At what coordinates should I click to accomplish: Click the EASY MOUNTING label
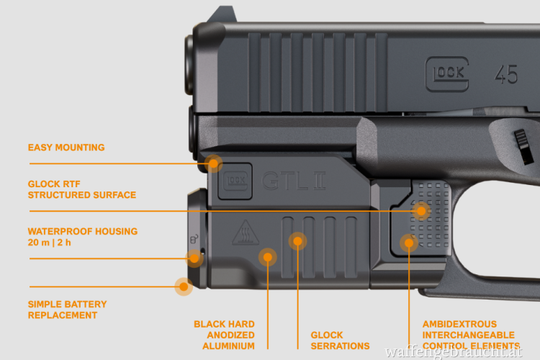click(66, 148)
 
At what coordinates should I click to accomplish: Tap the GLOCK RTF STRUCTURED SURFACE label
click(82, 189)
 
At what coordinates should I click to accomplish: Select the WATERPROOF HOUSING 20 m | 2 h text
click(83, 237)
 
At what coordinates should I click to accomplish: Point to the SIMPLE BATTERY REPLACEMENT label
click(68, 310)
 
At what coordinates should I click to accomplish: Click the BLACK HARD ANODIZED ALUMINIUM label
click(224, 335)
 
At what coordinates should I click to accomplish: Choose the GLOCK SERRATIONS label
click(340, 340)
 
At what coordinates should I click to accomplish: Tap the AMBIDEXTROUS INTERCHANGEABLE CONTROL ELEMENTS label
click(469, 335)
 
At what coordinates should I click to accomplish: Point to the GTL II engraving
click(294, 180)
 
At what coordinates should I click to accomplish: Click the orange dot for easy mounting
click(214, 163)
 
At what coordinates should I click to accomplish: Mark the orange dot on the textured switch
click(422, 211)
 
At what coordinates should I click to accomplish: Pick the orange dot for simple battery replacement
click(184, 287)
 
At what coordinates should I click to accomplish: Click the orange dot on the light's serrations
click(297, 241)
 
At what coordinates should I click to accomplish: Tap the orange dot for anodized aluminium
click(268, 256)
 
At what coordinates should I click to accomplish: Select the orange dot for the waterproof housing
click(194, 258)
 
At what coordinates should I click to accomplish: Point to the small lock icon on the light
click(193, 238)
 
